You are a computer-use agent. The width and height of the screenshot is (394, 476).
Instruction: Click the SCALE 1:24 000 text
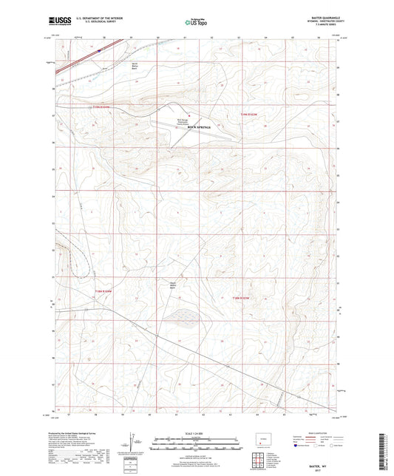pyautogui.click(x=196, y=433)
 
